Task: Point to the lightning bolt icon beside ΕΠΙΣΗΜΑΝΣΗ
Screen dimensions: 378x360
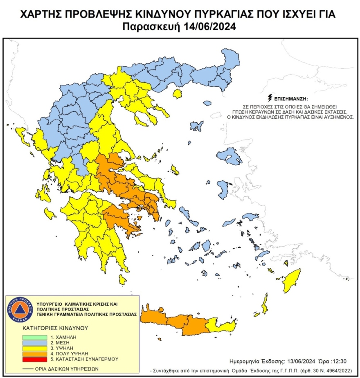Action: coord(269,98)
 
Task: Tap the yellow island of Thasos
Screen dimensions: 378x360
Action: coord(178,94)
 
